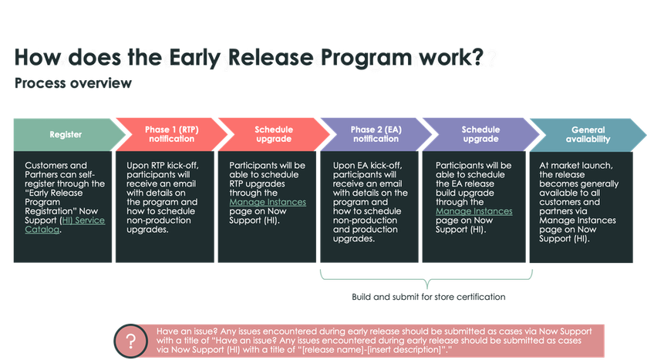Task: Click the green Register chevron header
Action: pyautogui.click(x=66, y=135)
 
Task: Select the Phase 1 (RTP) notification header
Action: pyautogui.click(x=168, y=135)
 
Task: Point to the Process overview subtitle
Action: pyautogui.click(x=73, y=84)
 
